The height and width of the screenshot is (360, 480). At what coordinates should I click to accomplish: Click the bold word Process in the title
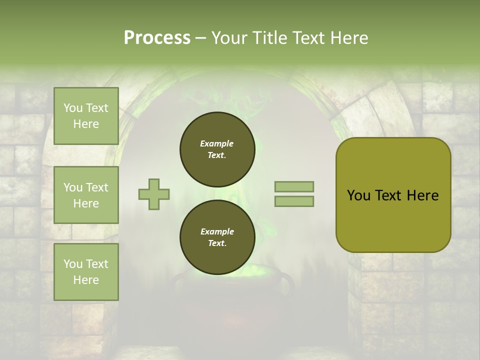click(x=157, y=38)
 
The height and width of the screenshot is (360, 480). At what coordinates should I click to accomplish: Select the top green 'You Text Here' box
click(x=86, y=116)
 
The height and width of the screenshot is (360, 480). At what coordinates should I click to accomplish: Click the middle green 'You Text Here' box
click(x=86, y=195)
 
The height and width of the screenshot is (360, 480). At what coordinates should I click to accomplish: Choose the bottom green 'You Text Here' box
click(x=86, y=272)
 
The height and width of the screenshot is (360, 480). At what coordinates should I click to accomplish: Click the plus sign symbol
click(x=154, y=194)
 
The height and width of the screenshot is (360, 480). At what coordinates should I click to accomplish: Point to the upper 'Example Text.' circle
click(x=217, y=149)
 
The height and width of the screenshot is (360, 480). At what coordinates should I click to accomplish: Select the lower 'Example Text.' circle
click(x=217, y=237)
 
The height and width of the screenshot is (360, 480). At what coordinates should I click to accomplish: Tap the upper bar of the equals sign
click(x=294, y=186)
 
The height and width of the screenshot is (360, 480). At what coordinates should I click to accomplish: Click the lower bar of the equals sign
click(x=294, y=201)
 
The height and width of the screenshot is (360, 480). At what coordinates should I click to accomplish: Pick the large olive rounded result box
click(x=393, y=195)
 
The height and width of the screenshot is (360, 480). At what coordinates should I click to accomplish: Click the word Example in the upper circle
click(x=217, y=143)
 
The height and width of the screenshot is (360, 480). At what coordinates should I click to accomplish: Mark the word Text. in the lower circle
click(x=217, y=243)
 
